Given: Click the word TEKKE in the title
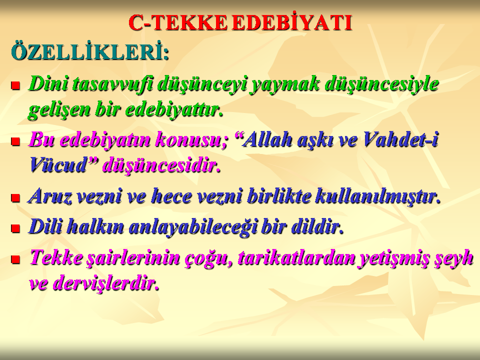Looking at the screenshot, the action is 190,23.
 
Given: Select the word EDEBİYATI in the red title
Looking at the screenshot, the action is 292,22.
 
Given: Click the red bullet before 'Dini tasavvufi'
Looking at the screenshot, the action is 15,85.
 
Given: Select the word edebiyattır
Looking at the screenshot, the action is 174,109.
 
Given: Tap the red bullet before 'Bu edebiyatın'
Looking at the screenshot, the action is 15,141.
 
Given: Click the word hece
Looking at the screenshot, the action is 171,196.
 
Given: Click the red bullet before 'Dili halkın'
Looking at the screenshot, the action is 15,228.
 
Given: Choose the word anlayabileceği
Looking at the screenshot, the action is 192,227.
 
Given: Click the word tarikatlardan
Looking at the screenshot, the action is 297,258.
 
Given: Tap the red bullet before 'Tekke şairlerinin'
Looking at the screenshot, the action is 15,259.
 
